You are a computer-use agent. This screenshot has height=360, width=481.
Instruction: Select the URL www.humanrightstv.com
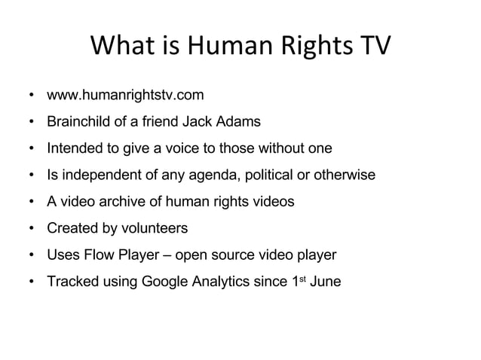click(x=125, y=96)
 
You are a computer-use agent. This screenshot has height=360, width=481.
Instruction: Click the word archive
click(x=124, y=202)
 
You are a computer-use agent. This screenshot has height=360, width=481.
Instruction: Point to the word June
click(x=326, y=282)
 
